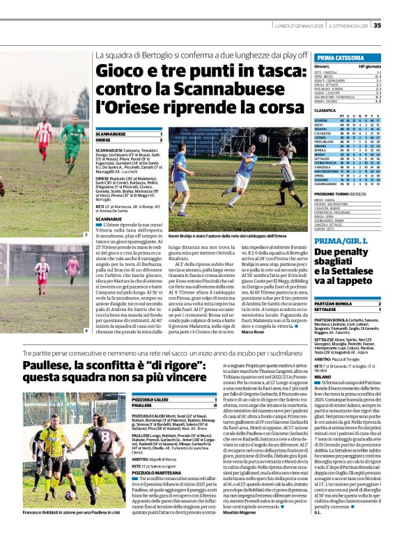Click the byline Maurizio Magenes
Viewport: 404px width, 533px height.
click(240, 514)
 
